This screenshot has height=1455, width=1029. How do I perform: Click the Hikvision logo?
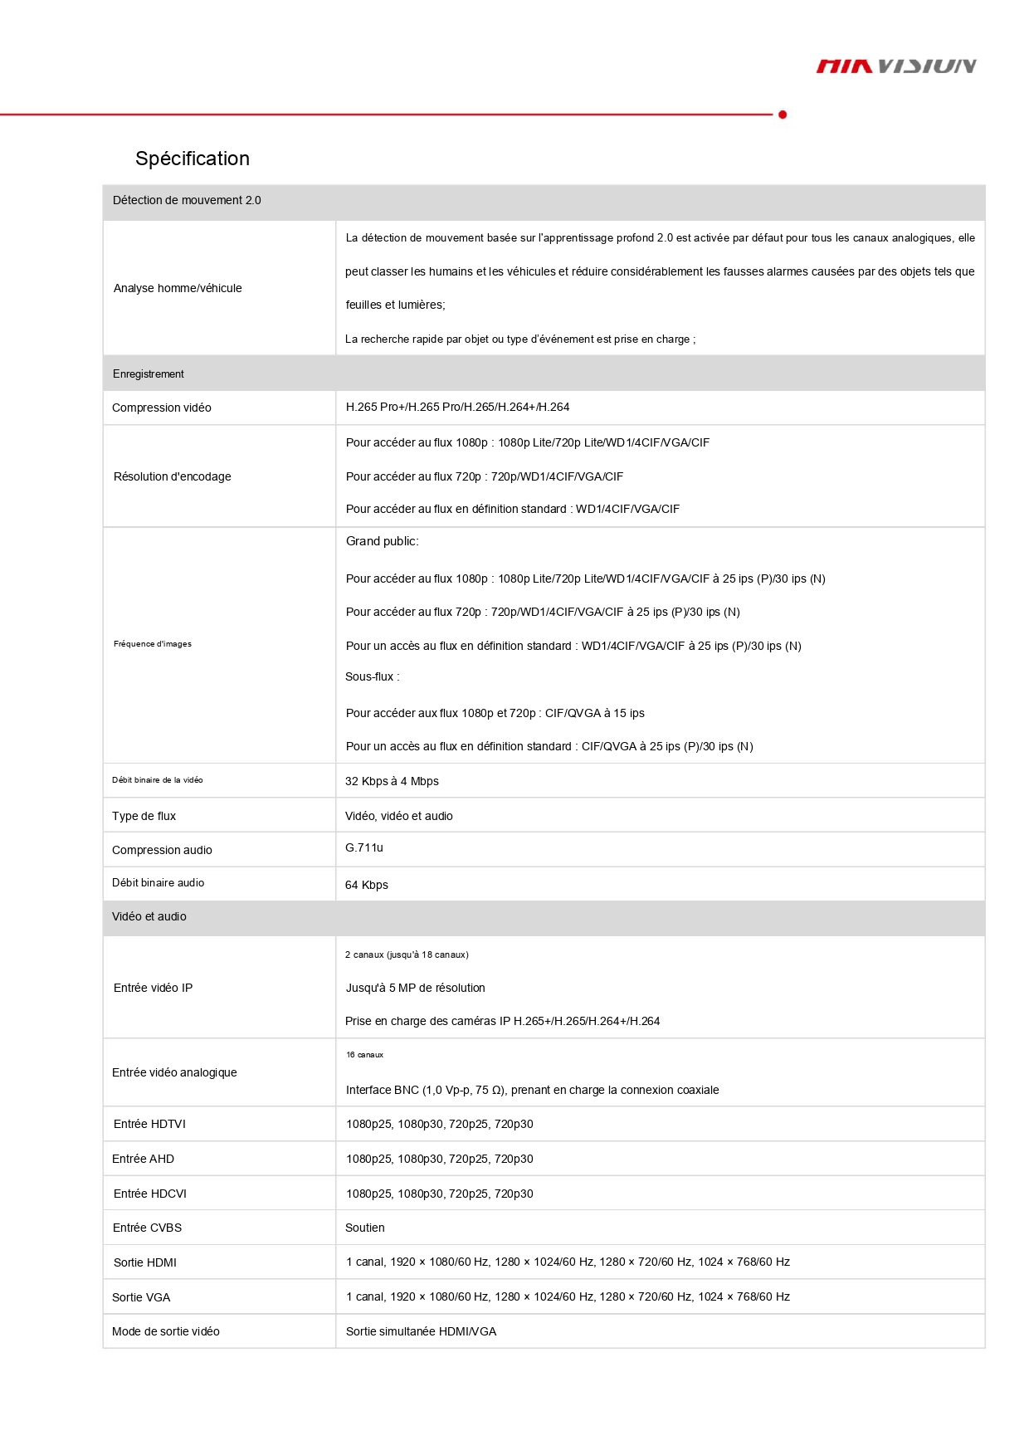[x=896, y=66]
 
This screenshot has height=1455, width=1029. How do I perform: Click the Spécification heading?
[x=193, y=159]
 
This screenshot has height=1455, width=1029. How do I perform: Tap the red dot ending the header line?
[x=783, y=115]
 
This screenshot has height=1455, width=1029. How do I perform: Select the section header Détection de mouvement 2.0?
[x=187, y=200]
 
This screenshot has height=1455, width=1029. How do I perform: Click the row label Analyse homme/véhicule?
[x=178, y=288]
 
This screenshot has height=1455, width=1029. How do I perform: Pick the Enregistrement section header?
[x=149, y=374]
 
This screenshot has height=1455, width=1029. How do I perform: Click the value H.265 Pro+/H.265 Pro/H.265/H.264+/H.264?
[x=457, y=407]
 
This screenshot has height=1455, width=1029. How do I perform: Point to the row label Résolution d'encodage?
[x=173, y=476]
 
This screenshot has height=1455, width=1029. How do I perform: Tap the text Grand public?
[x=383, y=541]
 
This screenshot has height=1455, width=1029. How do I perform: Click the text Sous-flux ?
[x=373, y=676]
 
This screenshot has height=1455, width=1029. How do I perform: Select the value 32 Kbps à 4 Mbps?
[x=392, y=781]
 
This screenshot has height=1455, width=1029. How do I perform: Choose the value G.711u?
[x=364, y=847]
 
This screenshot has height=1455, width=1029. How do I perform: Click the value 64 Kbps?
[x=367, y=885]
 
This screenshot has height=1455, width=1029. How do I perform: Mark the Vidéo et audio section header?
[x=149, y=916]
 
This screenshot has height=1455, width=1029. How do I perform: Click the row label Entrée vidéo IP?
[x=154, y=988]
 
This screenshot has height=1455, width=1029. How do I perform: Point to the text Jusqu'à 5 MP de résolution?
[x=416, y=988]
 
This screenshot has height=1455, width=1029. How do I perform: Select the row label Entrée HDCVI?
[x=150, y=1194]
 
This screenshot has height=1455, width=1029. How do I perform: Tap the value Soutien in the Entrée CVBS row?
[x=365, y=1228]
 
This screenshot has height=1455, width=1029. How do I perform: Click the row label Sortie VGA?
[x=141, y=1297]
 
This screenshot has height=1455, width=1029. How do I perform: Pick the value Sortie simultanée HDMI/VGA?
[x=422, y=1331]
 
